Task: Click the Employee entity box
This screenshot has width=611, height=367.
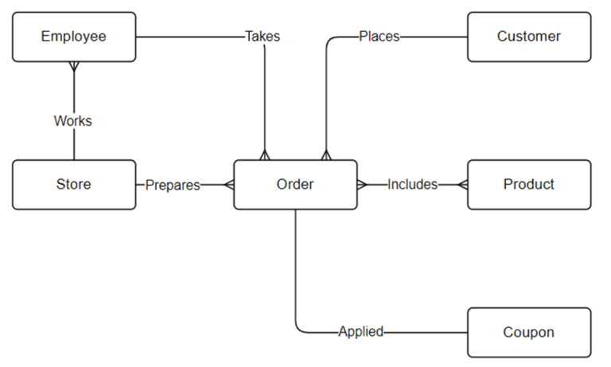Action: pos(74,37)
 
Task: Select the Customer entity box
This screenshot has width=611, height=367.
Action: pos(529,37)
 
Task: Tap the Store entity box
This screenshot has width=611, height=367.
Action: pos(74,185)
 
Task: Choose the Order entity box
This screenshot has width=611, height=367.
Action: pos(295,185)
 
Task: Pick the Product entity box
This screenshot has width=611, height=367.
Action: pos(529,185)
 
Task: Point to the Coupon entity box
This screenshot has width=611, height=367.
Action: pos(529,333)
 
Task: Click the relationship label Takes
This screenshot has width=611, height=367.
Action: pos(262,37)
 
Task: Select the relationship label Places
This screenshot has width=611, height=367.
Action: pos(379,37)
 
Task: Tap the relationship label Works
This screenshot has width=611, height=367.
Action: pos(73,121)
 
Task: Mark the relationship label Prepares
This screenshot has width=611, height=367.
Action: pos(173,185)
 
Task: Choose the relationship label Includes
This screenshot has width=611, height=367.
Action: pos(412,185)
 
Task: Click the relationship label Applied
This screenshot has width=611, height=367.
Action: pos(360,332)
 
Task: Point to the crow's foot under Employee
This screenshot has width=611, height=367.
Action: pos(74,67)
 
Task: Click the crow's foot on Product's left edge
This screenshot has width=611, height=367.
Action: pos(463,185)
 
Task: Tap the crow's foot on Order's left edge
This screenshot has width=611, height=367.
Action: pos(229,185)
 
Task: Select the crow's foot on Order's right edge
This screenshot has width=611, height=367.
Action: pos(362,185)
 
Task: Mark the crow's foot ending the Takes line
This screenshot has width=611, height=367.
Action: pos(265,154)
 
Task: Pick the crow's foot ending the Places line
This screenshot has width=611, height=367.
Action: pos(325,154)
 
